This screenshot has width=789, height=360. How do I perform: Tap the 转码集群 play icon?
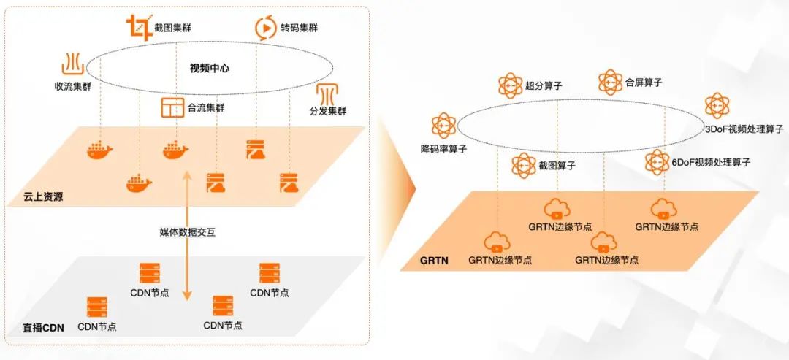click(264, 28)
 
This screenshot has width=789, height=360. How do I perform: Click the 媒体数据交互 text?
click(188, 232)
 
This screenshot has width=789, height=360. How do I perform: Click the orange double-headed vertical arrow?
click(187, 234)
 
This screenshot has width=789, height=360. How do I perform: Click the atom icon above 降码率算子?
click(443, 126)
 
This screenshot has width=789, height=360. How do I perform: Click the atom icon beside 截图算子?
click(523, 166)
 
